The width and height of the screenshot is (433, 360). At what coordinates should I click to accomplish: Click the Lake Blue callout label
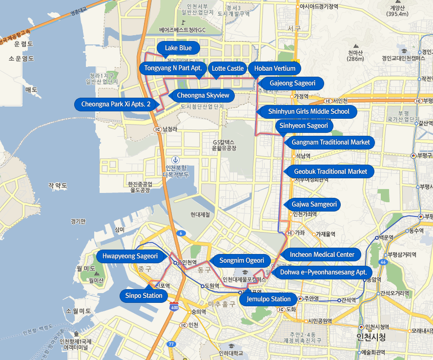coord(178,48)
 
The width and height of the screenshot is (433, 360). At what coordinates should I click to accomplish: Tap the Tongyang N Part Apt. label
coord(173,68)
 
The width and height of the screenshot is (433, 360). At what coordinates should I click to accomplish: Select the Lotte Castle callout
coord(227,68)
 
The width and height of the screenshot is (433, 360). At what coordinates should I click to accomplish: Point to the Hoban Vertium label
coord(274,68)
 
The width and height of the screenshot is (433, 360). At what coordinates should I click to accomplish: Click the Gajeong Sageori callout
coord(292,83)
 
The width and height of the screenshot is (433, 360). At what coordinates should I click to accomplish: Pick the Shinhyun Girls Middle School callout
coord(309,111)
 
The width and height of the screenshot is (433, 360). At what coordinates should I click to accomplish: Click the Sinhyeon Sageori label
coord(304,126)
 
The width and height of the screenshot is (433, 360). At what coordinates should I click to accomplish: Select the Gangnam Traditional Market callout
coord(330,142)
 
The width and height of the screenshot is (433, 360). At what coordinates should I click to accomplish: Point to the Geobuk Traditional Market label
coord(330,171)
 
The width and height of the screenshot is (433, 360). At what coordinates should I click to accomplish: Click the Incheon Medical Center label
coord(322,254)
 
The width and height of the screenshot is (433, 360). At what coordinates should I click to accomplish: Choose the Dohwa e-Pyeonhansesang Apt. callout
coord(323,272)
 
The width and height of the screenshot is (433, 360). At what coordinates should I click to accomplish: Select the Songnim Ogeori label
coord(241,260)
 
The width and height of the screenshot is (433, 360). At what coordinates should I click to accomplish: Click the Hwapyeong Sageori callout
coord(130,255)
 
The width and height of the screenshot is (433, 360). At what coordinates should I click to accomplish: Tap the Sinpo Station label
coord(144,296)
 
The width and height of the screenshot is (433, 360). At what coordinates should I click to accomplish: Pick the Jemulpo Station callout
coord(268,299)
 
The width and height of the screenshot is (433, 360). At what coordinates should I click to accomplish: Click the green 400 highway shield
coord(174,307)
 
